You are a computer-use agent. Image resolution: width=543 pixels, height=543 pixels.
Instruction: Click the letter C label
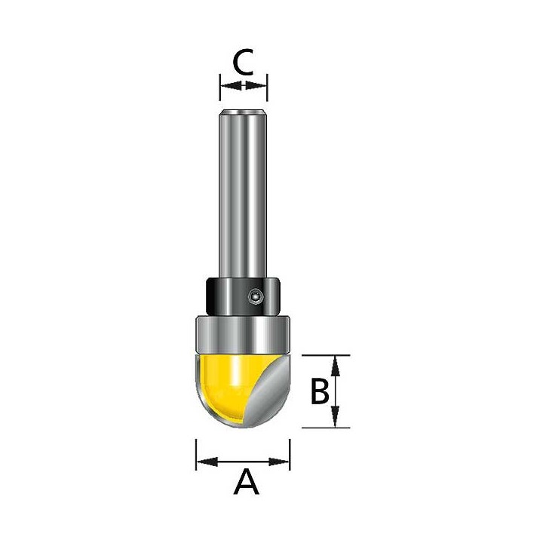tap(244, 62)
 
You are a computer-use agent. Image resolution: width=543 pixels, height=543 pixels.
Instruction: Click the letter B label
tap(319, 391)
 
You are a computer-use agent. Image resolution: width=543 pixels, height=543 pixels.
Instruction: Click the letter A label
tap(246, 481)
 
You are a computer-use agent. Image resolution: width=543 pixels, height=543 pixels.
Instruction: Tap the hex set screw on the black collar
tap(256, 297)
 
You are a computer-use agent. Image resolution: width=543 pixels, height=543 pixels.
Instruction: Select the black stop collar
tap(243, 296)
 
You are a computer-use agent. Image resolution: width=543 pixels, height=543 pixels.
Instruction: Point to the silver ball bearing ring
tap(243, 334)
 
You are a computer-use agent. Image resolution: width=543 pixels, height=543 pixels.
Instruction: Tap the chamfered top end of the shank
tap(243, 112)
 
